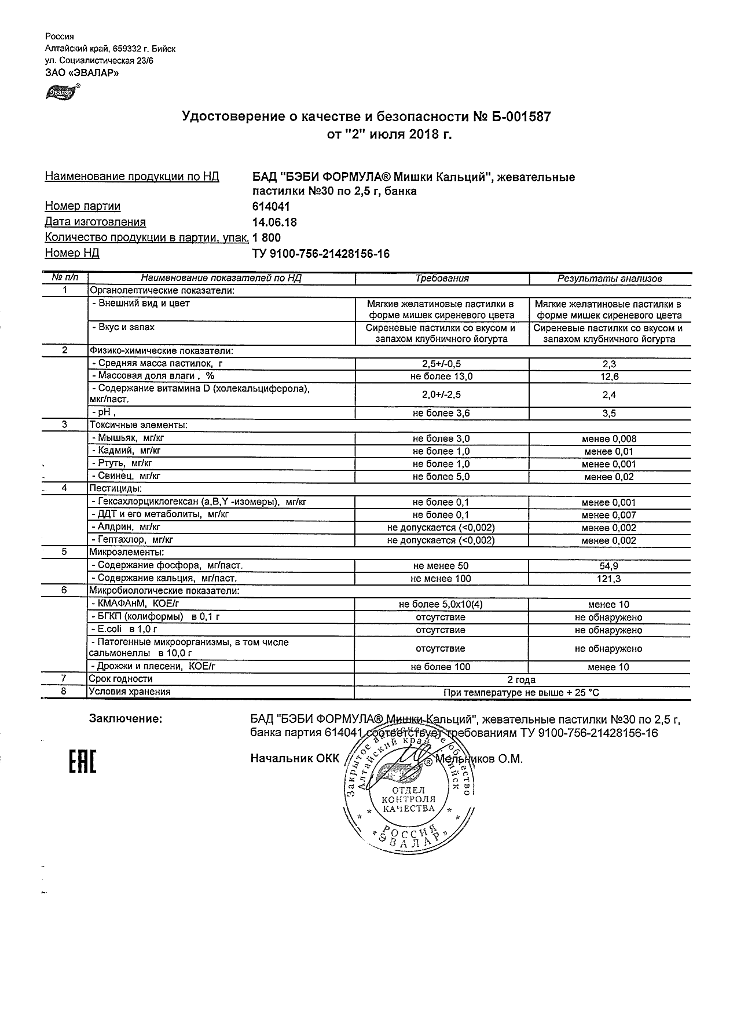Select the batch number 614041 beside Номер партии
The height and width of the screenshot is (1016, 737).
[x=272, y=207]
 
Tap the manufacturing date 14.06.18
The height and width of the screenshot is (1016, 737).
[x=275, y=222]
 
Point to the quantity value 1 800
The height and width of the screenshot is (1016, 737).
[x=267, y=237]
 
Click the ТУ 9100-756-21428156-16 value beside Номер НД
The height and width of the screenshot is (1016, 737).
[x=321, y=254]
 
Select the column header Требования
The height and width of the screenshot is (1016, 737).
[x=442, y=279]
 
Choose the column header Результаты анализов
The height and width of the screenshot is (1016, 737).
[x=609, y=279]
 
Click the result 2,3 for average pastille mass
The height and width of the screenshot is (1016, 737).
[x=609, y=364]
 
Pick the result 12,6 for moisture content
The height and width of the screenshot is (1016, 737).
[x=609, y=377]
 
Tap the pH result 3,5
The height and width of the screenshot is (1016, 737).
[x=609, y=414]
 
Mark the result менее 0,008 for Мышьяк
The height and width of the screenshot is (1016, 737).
[x=609, y=439]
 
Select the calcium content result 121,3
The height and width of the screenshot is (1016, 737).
[x=609, y=579]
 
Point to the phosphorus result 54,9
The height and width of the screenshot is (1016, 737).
[x=609, y=566]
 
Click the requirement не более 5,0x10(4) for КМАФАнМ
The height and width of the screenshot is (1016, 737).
[x=441, y=605]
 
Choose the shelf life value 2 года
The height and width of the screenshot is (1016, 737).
[x=522, y=679]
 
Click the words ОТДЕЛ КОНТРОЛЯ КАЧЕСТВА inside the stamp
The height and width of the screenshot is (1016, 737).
[x=409, y=799]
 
